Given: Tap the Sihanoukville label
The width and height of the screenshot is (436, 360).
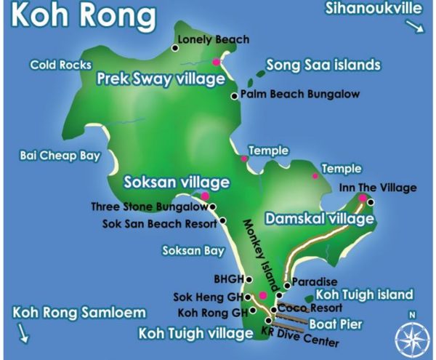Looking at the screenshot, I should pyautogui.click(x=374, y=9).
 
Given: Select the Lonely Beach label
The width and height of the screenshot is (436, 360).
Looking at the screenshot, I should pyautogui.click(x=213, y=39).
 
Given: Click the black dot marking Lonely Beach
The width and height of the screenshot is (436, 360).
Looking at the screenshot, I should pyautogui.click(x=175, y=48).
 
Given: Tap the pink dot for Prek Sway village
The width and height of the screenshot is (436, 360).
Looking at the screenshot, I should pyautogui.click(x=216, y=63).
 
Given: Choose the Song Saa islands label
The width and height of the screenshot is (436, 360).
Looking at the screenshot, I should pyautogui.click(x=323, y=65).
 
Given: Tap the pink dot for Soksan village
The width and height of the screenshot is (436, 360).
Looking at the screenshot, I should pyautogui.click(x=205, y=196).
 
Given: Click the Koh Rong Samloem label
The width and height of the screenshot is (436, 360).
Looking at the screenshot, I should pyautogui.click(x=79, y=312).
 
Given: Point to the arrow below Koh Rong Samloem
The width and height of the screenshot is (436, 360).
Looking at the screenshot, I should pyautogui.click(x=24, y=333).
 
